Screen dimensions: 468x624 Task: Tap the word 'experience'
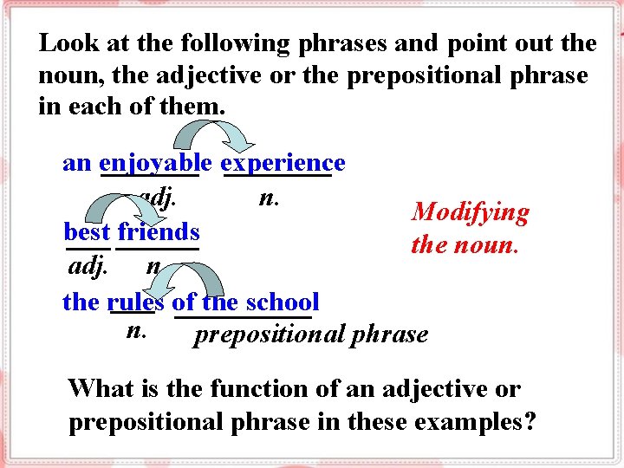(x=283, y=163)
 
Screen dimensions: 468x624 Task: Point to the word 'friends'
(x=159, y=232)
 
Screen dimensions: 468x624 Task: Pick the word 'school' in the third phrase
(x=283, y=302)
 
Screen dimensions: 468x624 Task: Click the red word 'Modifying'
(x=471, y=212)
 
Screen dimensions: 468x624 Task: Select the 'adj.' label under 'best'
(x=88, y=265)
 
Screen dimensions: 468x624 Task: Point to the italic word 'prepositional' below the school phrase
(x=267, y=334)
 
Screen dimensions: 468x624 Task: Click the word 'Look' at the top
(x=62, y=42)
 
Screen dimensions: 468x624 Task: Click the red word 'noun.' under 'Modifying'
(x=488, y=244)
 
